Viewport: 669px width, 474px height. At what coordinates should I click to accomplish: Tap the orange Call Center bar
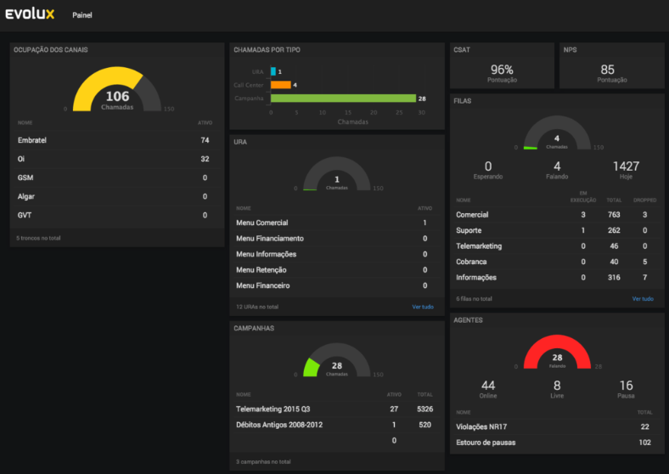point(280,85)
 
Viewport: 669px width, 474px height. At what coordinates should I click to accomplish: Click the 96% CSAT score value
point(502,69)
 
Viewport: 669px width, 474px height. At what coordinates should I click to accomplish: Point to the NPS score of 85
point(607,69)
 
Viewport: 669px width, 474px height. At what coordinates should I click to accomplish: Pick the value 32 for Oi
point(205,159)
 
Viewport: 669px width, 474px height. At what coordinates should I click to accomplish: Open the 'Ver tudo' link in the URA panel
point(423,307)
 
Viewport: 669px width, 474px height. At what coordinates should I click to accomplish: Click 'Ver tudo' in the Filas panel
point(643,299)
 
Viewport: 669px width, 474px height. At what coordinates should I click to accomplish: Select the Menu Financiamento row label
point(269,239)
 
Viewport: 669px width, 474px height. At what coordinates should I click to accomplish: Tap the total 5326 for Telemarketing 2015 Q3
point(424,409)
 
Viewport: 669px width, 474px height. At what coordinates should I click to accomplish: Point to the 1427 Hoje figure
point(626,166)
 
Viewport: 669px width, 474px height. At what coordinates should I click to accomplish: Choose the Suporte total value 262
point(613,230)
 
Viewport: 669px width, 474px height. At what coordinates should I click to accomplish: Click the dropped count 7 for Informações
point(645,278)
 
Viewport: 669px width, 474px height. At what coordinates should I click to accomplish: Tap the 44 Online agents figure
point(488,386)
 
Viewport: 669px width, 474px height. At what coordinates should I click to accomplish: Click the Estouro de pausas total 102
point(644,443)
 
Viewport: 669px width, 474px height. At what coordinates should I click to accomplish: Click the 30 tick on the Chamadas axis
point(421,112)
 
